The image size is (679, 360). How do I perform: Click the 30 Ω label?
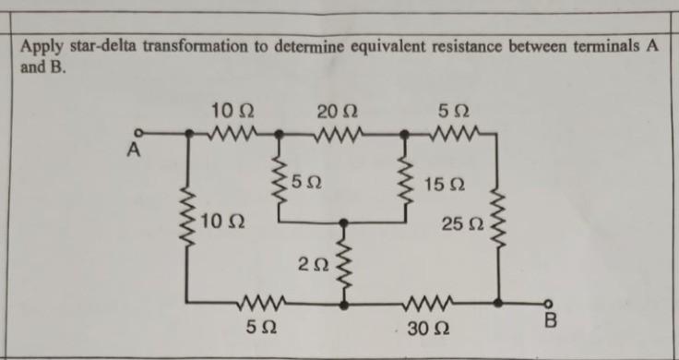(427, 328)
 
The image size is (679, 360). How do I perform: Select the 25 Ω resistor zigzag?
(499, 221)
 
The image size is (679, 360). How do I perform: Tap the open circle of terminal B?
(549, 302)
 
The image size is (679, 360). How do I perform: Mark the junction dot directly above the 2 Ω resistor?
(344, 222)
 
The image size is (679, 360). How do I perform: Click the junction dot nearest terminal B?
(499, 302)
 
